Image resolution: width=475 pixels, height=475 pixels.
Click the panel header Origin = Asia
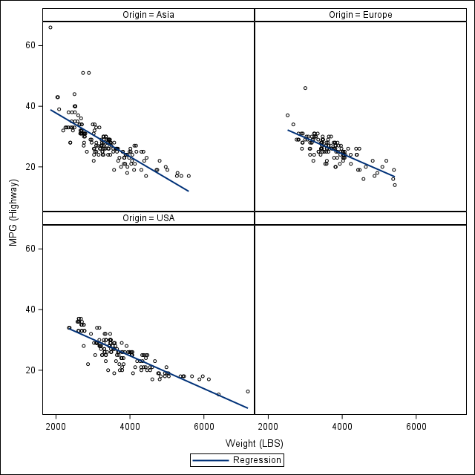tap(148, 15)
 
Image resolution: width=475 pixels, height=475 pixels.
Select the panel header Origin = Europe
tap(361, 15)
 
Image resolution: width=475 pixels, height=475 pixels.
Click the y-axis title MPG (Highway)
tap(13, 212)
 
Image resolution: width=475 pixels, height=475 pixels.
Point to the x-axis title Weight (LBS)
tap(255, 444)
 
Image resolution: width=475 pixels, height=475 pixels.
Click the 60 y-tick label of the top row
tap(31, 45)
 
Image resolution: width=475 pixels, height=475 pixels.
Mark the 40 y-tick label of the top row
tap(31, 106)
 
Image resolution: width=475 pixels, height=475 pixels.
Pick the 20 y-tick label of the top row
tap(31, 167)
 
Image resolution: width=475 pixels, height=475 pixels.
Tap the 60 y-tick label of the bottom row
tap(31, 249)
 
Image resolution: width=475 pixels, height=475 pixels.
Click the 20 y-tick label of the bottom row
tap(31, 370)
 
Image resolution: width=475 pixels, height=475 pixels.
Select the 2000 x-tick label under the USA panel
tap(56, 426)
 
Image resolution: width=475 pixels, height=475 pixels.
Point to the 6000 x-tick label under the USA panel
tap(204, 426)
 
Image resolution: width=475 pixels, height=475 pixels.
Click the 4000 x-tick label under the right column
tap(342, 426)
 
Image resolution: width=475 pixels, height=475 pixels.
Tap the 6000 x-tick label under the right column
tap(416, 426)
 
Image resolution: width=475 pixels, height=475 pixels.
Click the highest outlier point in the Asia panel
tap(50, 27)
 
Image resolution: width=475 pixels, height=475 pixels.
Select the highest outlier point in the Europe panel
tap(305, 88)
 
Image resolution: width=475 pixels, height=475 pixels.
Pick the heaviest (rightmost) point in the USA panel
tap(248, 391)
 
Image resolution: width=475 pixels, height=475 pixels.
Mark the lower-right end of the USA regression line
tap(247, 407)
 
